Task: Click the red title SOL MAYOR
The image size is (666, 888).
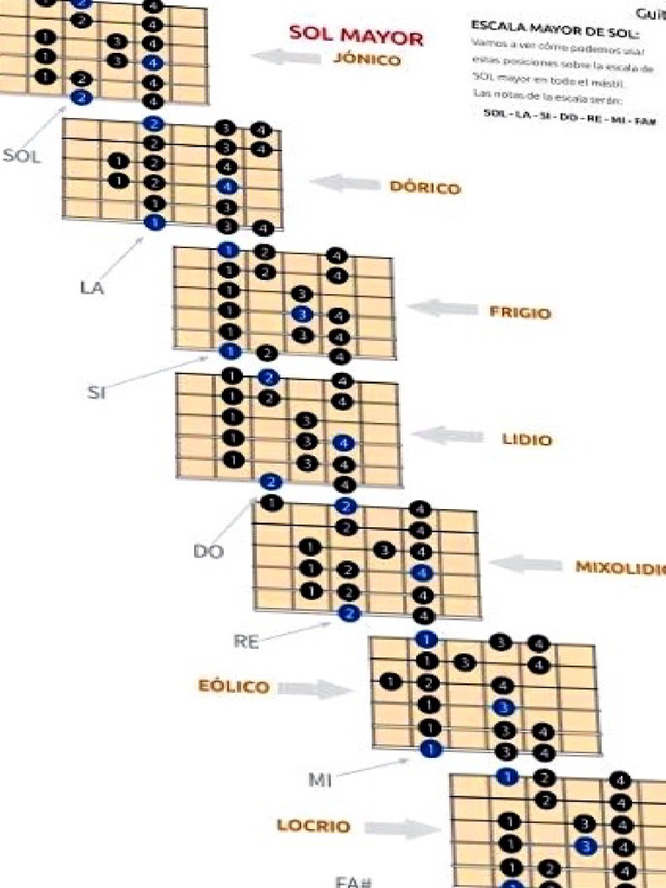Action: (356, 36)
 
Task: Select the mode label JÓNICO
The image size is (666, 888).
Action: (366, 60)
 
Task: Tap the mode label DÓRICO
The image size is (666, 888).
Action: (425, 187)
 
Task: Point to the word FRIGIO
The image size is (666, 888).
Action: (519, 312)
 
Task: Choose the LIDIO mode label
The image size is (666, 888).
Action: (526, 439)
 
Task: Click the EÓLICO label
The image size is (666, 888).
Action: (234, 687)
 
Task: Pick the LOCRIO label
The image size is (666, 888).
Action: (314, 826)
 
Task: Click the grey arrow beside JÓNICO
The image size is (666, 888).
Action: (285, 57)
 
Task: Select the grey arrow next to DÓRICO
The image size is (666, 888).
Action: (345, 183)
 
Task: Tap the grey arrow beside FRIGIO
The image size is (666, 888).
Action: (442, 308)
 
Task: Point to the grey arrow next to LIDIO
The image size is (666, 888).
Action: (448, 434)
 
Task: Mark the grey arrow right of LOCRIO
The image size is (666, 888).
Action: (402, 828)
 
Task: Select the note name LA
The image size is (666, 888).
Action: (91, 288)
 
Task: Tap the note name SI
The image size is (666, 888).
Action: (96, 392)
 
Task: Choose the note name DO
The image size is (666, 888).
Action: (208, 552)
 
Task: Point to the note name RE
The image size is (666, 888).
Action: (246, 642)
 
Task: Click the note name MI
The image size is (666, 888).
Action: (320, 780)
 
